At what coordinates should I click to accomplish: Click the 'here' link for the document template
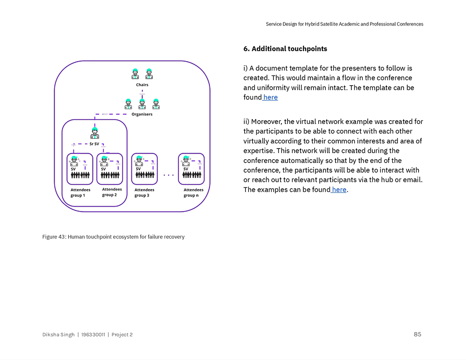(x=270, y=97)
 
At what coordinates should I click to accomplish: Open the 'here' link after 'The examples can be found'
(x=339, y=190)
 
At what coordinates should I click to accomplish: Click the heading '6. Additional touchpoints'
(x=285, y=49)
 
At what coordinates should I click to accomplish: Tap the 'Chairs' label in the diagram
(x=142, y=85)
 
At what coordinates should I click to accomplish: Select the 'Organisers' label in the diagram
(x=142, y=114)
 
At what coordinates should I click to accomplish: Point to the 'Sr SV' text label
(x=94, y=144)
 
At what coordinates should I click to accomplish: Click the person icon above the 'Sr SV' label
(x=95, y=133)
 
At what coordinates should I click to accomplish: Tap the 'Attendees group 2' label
(x=112, y=192)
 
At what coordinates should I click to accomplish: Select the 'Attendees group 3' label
(x=144, y=193)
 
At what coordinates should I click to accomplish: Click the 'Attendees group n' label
(x=193, y=193)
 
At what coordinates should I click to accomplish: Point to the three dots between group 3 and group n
(x=168, y=176)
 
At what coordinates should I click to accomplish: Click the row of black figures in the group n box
(x=192, y=175)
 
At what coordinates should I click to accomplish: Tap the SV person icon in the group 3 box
(x=138, y=161)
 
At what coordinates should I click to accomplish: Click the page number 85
(x=417, y=334)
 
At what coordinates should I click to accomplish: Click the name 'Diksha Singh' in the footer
(x=58, y=335)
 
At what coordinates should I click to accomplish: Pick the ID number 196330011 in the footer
(x=93, y=335)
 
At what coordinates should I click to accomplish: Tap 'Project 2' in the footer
(x=122, y=335)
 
